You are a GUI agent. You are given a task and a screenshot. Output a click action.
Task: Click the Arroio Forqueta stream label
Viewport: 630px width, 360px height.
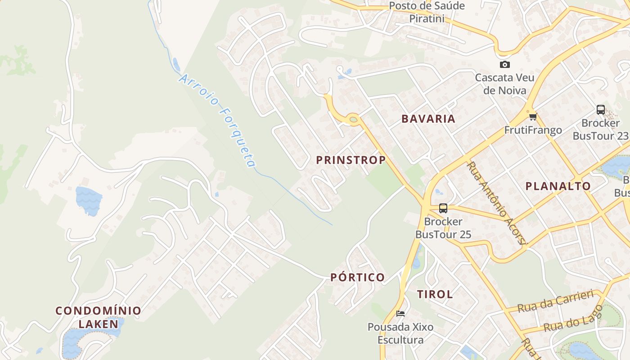(218, 121)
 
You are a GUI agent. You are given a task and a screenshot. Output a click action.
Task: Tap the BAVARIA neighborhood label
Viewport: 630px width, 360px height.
(428, 119)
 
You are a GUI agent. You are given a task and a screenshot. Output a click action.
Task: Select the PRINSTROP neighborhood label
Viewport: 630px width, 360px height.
(351, 160)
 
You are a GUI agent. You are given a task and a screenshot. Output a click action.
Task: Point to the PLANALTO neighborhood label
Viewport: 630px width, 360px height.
(558, 186)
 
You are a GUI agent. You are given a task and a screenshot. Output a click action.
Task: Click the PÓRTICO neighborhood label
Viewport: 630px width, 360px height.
(358, 277)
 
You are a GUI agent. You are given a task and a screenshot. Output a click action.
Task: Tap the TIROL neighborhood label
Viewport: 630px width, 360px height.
(435, 294)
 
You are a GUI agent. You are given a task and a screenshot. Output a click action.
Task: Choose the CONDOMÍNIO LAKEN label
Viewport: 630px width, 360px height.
(98, 317)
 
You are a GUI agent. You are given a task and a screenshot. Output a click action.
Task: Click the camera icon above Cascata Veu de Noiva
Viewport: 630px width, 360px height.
(505, 65)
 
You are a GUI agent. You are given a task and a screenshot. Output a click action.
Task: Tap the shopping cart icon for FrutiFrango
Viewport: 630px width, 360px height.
(533, 117)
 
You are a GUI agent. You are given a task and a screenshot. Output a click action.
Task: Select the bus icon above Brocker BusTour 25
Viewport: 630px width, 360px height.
(443, 208)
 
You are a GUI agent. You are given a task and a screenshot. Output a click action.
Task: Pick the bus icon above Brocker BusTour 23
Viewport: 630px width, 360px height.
(601, 110)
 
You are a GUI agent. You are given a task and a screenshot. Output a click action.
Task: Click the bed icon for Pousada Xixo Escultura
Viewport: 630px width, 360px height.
(400, 314)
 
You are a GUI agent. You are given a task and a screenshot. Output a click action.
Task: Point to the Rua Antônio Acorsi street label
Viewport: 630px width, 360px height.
(496, 202)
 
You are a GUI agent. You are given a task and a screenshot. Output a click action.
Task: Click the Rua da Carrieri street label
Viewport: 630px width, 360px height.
(555, 301)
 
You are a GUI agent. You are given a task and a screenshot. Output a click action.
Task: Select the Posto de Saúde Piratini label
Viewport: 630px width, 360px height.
(427, 12)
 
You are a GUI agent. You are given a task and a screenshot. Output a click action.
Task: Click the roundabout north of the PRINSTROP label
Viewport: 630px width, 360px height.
(353, 119)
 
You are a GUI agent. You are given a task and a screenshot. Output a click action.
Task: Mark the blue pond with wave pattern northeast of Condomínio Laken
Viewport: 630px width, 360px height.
(89, 201)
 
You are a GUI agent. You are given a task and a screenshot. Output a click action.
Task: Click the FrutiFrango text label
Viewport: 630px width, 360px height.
(533, 130)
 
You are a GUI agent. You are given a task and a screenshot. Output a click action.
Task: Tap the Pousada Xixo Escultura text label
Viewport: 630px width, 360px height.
(400, 333)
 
